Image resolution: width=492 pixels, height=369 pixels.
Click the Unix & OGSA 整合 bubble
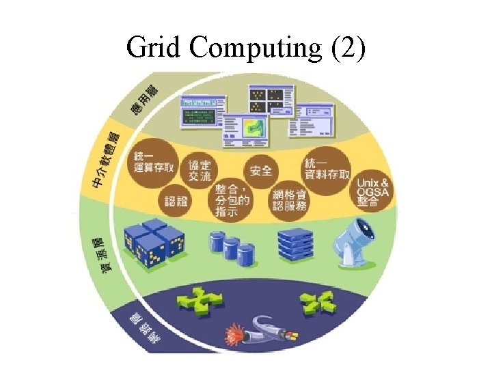pyautogui.click(x=372, y=192)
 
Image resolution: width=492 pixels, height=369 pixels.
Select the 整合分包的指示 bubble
pyautogui.click(x=232, y=201)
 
